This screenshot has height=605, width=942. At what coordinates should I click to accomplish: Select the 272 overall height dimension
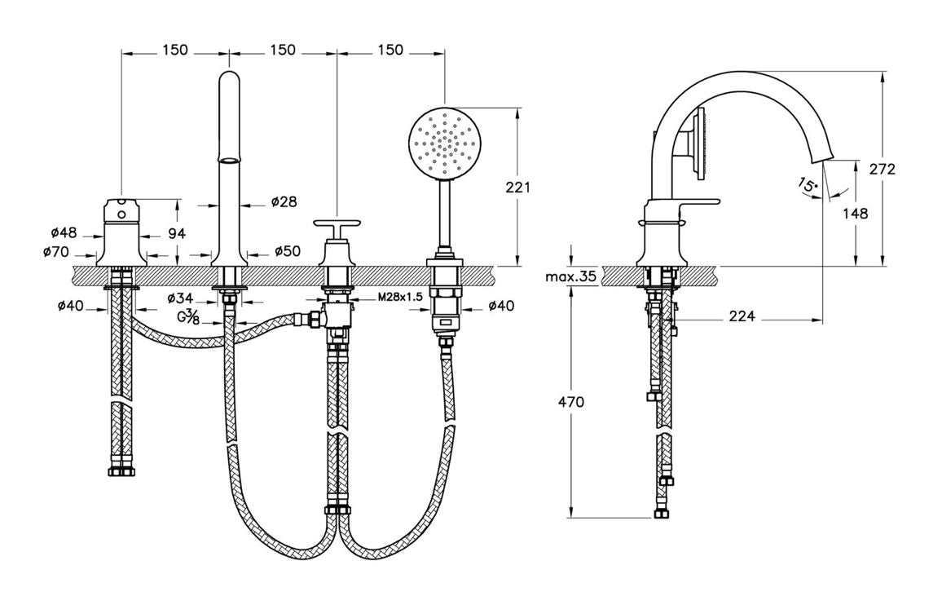883,169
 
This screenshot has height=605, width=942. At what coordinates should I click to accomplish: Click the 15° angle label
808,185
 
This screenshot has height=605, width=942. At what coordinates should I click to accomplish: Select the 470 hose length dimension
570,401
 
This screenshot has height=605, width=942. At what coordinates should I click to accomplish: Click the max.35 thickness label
570,276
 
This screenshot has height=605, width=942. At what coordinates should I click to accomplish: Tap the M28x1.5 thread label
399,298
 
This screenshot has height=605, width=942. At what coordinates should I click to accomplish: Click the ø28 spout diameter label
284,201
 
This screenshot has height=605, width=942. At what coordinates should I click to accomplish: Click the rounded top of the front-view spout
229,80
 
